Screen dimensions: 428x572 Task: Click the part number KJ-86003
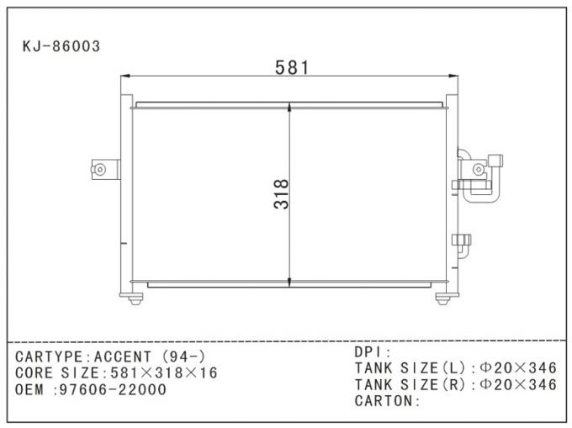tap(61, 47)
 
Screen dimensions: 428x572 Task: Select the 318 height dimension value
tap(281, 193)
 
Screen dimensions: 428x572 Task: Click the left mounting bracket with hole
tap(99, 169)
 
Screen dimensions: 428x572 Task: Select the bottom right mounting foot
tap(442, 297)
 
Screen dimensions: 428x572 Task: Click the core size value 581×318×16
tap(160, 373)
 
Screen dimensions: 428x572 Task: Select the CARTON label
tap(386, 401)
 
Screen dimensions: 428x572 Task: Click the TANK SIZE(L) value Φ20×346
tap(517, 368)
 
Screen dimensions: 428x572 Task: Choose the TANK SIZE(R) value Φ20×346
tap(517, 385)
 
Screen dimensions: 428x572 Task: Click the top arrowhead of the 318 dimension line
tap(290, 108)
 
